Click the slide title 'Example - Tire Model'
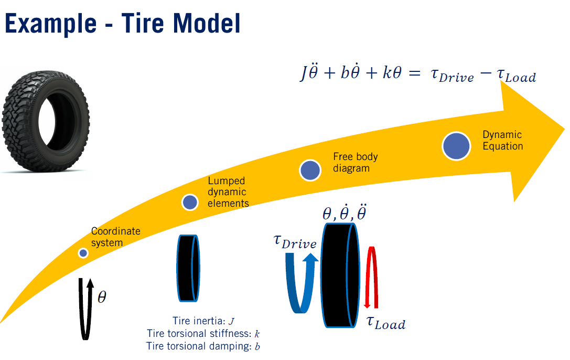click(x=123, y=24)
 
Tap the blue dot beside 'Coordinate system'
click(x=83, y=253)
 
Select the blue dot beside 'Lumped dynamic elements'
click(x=190, y=202)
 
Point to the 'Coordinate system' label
click(x=116, y=237)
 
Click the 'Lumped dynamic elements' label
click(x=228, y=192)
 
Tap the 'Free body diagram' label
click(x=355, y=162)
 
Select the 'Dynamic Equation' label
click(x=502, y=141)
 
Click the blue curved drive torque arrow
click(x=302, y=283)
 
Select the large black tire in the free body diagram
click(x=340, y=276)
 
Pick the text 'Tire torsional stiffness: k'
click(x=203, y=334)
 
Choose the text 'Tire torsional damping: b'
click(x=203, y=346)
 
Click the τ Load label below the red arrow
click(x=385, y=323)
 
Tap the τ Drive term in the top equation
click(x=451, y=76)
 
